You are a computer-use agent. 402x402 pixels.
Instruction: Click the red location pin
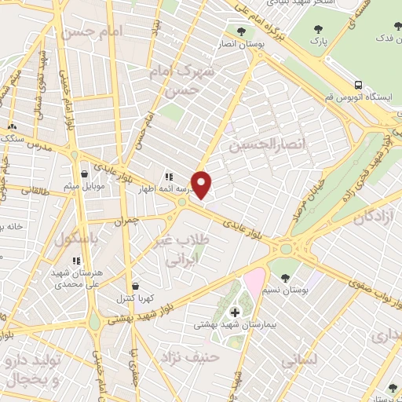coord(203,185)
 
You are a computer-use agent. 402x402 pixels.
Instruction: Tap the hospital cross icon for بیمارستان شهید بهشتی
coord(234,312)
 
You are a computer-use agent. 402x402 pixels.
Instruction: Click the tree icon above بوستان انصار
coord(241,32)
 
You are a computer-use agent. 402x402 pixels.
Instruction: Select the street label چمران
coord(125,222)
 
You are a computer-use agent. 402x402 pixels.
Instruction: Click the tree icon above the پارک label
coord(317,29)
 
